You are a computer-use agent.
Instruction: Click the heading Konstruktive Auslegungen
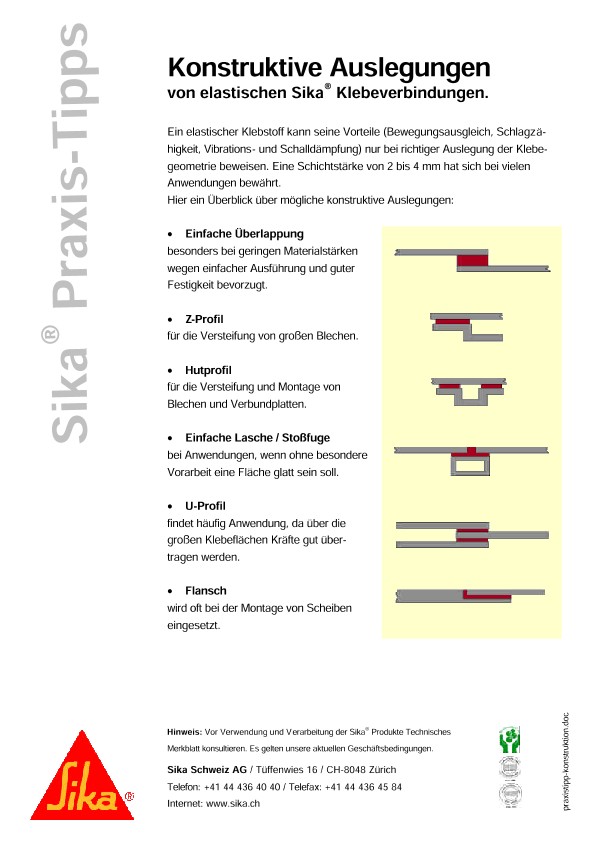coord(329,68)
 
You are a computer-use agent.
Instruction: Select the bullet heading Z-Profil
coord(204,318)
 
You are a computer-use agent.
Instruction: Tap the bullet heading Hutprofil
coord(208,369)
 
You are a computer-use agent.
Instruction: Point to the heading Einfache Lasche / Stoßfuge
coord(257,437)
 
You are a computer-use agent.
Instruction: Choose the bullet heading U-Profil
coord(206,506)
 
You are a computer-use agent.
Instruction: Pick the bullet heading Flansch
coord(206,590)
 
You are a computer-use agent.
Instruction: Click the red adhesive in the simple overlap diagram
coord(473,260)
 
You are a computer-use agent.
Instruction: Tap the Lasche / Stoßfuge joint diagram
coord(471,458)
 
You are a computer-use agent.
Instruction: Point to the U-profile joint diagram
coord(471,530)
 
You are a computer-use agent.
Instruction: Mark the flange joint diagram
coord(471,595)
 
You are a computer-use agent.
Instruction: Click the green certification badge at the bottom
coord(509,741)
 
